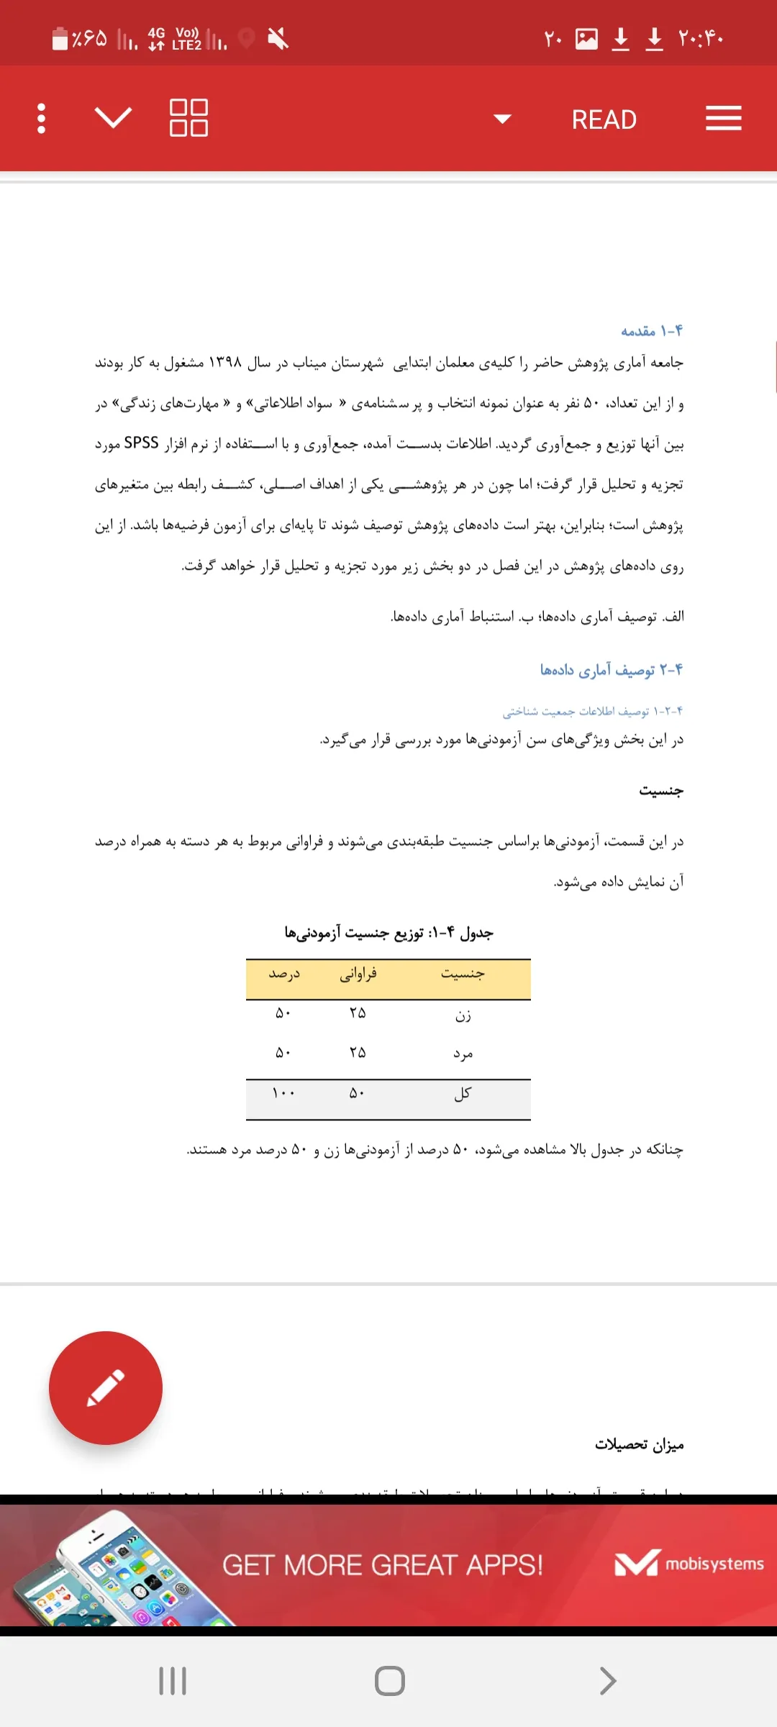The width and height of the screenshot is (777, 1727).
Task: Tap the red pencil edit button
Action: coord(106,1387)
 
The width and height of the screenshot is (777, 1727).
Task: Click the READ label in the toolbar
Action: coord(604,119)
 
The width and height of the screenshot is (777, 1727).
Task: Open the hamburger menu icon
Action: coord(723,119)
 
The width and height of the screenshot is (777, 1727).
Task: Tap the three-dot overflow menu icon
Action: coord(42,119)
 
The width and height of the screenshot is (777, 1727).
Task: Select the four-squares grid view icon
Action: coord(188,118)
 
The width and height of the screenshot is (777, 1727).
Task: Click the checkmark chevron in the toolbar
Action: coord(114,117)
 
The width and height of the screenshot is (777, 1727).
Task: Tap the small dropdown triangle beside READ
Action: coord(502,119)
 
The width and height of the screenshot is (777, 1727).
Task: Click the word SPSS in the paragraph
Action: coord(141,443)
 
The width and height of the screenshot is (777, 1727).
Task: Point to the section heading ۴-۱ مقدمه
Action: coord(651,331)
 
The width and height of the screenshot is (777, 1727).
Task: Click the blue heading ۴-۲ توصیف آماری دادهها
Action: coord(611,670)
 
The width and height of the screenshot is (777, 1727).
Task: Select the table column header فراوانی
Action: coord(358,974)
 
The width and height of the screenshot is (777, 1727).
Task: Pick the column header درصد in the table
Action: coord(284,974)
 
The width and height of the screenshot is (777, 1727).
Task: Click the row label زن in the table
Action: coord(463,1015)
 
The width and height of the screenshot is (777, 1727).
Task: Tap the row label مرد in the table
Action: coord(463,1054)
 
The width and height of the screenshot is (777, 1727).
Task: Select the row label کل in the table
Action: coord(463,1094)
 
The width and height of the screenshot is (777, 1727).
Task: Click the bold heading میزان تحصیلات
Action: coord(639,1445)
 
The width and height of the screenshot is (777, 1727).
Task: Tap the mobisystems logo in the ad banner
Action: coord(689,1564)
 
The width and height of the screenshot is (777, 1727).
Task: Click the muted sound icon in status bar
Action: coord(278,38)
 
